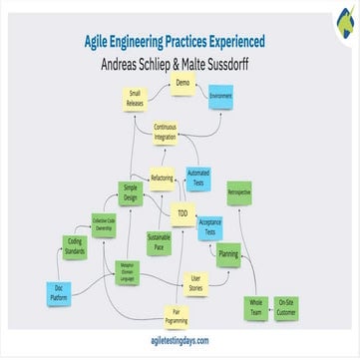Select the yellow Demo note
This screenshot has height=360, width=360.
click(x=181, y=85)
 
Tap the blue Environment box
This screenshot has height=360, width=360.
click(x=219, y=98)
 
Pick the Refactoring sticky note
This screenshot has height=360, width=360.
click(x=162, y=178)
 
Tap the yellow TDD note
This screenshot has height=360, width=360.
click(x=181, y=213)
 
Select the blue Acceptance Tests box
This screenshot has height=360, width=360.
click(x=209, y=227)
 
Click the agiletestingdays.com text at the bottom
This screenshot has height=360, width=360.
click(x=180, y=340)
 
